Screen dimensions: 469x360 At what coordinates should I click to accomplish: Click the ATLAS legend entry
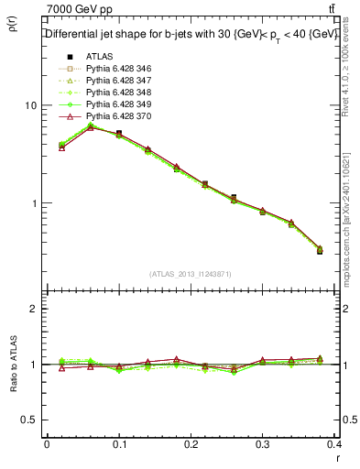point(98,57)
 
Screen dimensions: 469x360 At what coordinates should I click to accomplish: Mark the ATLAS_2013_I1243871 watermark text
point(191,274)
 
